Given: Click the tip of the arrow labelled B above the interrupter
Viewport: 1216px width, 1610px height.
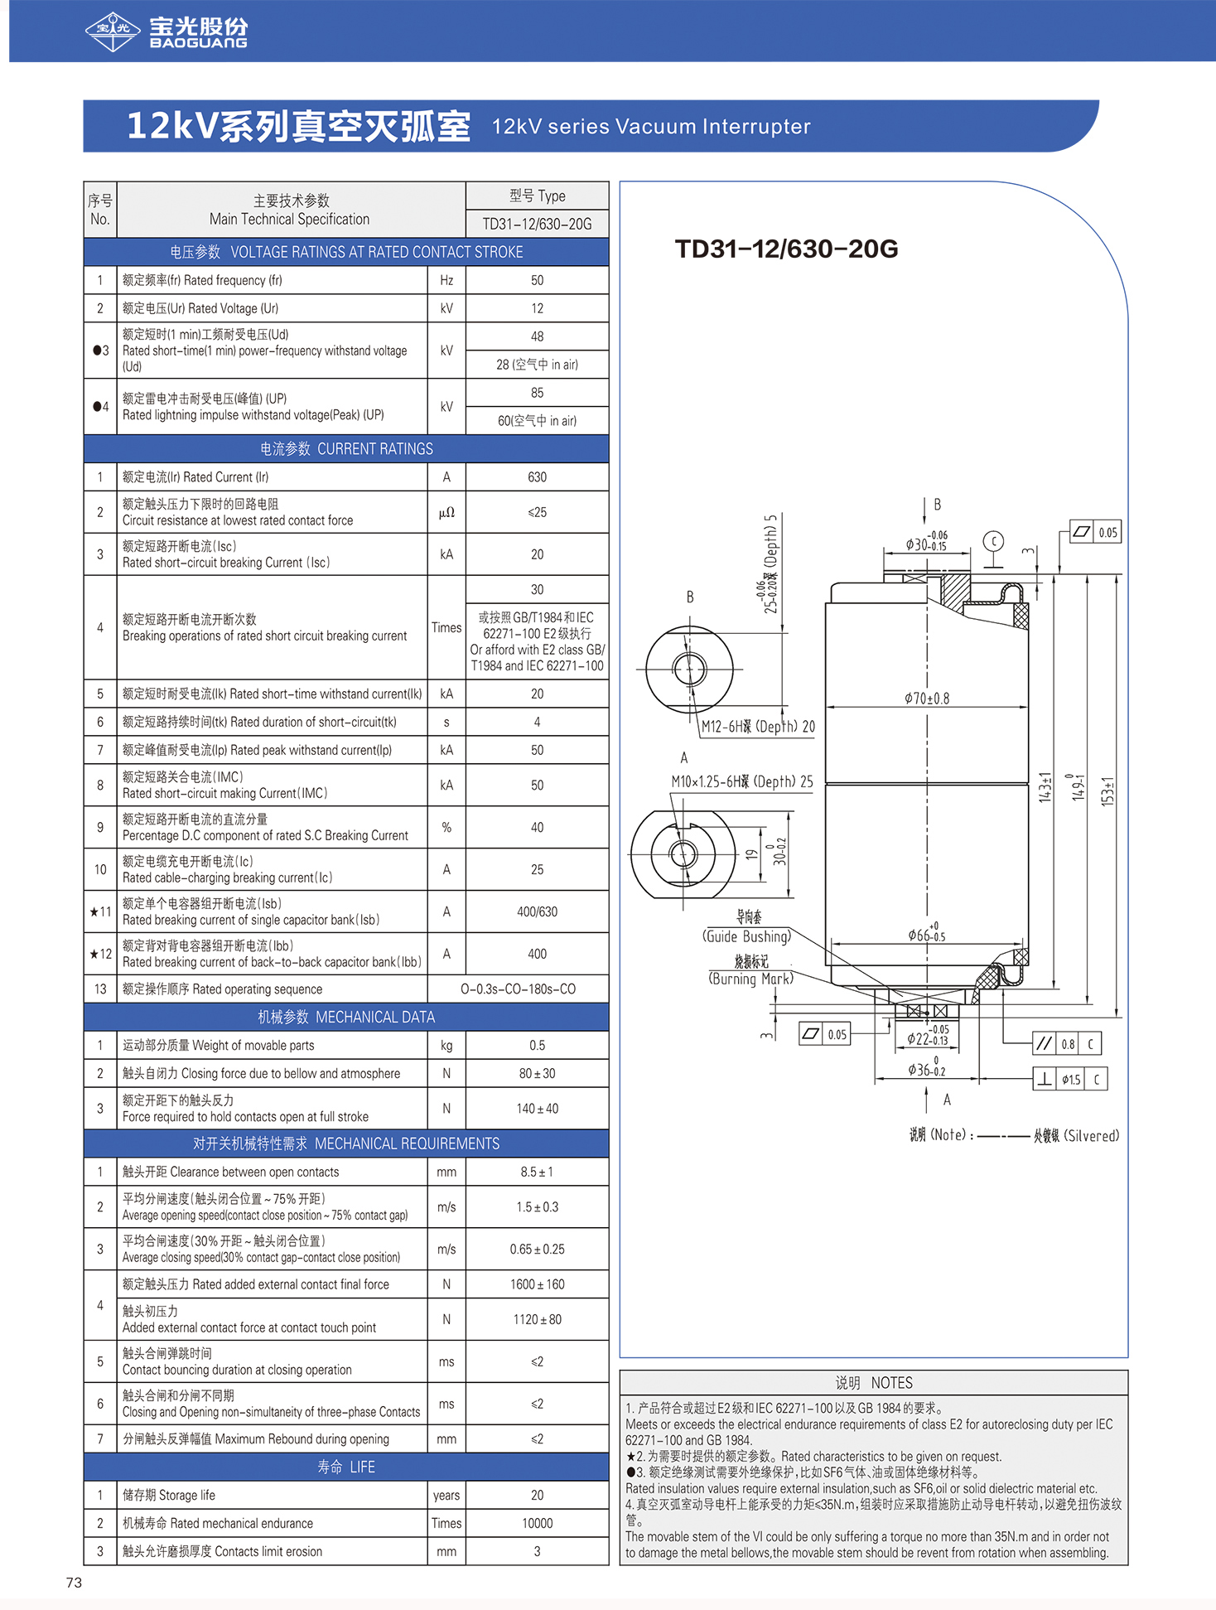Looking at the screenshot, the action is click(925, 524).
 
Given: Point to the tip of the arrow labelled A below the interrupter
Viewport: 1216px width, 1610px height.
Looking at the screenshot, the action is click(926, 1086).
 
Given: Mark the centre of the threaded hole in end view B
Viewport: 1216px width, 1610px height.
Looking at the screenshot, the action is click(689, 669).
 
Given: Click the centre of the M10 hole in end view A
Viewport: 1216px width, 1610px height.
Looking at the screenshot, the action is click(683, 853).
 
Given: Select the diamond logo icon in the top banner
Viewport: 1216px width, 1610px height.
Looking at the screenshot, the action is click(113, 31).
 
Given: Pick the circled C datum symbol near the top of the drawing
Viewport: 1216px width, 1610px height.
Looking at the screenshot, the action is click(992, 542).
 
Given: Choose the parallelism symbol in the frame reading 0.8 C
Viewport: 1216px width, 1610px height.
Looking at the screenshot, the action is click(1045, 1044).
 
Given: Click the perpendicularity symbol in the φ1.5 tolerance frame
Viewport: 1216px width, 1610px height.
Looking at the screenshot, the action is click(1045, 1079).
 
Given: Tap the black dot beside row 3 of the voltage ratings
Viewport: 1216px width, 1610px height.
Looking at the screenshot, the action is click(96, 351).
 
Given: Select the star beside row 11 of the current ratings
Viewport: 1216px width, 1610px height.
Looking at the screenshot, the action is click(94, 911).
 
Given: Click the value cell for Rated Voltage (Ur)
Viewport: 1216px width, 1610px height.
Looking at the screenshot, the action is click(538, 308).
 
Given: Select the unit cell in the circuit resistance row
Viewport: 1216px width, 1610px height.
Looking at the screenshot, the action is click(446, 512).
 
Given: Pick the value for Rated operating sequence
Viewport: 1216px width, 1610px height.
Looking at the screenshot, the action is click(519, 989).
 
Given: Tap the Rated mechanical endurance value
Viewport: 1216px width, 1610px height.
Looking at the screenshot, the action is click(538, 1523).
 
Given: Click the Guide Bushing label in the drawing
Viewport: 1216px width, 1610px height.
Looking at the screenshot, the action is click(747, 936).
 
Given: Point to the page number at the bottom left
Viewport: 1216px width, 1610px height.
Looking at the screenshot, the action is click(74, 1583).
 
